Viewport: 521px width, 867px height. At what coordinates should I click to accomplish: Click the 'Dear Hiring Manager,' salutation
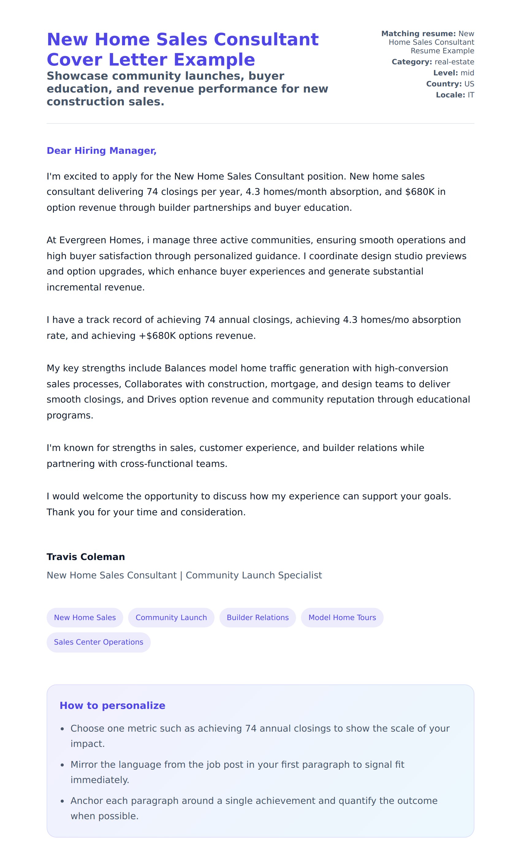click(101, 150)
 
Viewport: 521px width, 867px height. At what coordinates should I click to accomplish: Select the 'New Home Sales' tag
click(85, 617)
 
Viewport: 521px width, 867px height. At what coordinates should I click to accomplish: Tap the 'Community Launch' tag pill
click(171, 617)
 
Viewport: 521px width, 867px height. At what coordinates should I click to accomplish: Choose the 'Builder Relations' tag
click(257, 617)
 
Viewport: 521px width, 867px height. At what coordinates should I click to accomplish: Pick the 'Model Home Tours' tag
click(342, 617)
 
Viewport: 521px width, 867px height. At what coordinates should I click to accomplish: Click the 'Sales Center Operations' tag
click(98, 642)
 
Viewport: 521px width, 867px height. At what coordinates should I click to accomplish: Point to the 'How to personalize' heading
click(112, 705)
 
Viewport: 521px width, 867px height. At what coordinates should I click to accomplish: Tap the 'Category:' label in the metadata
click(412, 62)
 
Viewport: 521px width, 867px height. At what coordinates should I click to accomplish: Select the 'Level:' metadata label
click(445, 73)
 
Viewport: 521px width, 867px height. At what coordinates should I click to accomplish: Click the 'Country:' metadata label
click(443, 84)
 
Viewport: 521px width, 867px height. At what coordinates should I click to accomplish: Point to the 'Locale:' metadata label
click(450, 95)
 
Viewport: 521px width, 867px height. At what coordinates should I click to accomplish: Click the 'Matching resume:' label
click(418, 34)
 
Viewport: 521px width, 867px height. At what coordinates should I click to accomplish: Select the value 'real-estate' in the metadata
click(454, 62)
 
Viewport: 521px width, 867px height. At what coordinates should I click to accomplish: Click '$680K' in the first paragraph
click(420, 191)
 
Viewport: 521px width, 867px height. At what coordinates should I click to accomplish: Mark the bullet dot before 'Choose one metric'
click(62, 729)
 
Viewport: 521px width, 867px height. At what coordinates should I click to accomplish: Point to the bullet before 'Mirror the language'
click(62, 765)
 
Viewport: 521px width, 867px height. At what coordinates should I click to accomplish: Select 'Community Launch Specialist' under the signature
click(253, 575)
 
